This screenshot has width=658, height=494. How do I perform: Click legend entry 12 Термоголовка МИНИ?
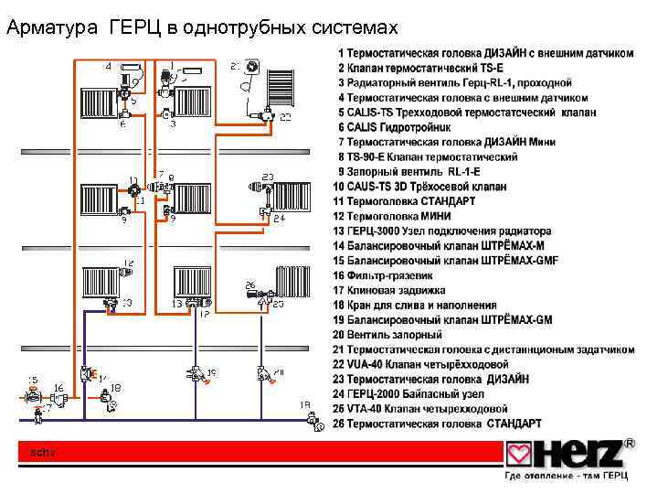403,216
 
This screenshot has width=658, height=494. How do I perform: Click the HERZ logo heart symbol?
520,454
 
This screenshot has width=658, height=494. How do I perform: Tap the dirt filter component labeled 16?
62,400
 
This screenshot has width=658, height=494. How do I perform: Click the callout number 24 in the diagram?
279,219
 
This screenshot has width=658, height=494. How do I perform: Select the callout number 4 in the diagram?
110,67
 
